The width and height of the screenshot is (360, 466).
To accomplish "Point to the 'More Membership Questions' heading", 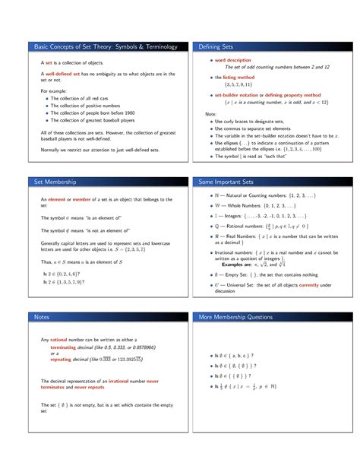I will tap(242, 316).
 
